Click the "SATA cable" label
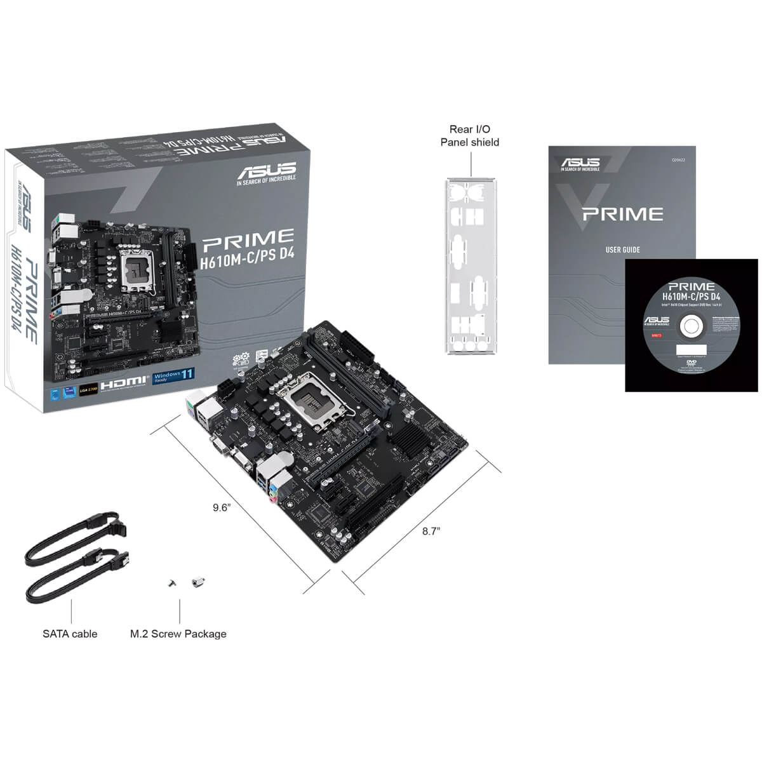[70, 634]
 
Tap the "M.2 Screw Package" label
[178, 634]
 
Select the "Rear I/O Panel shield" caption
[470, 136]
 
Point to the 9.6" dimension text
[221, 507]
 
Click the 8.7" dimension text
[431, 531]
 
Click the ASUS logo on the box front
[266, 170]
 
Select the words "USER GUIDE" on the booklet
[622, 250]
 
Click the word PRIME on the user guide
[622, 214]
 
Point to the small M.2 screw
[171, 583]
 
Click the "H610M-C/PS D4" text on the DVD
[691, 297]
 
